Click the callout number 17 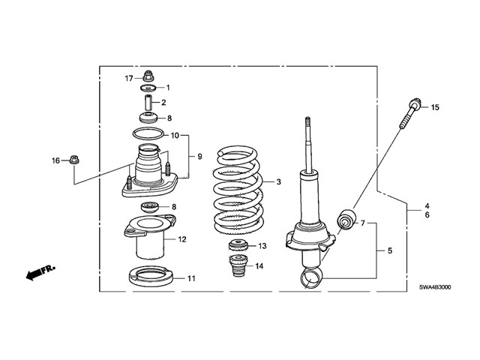point(129,77)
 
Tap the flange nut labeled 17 point(148,76)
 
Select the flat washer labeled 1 point(148,88)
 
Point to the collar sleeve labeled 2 point(148,101)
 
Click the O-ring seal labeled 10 point(148,135)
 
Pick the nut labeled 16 point(75,159)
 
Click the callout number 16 point(55,160)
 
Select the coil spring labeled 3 point(235,191)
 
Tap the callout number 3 point(278,182)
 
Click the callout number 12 point(182,240)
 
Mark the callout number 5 point(388,250)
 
